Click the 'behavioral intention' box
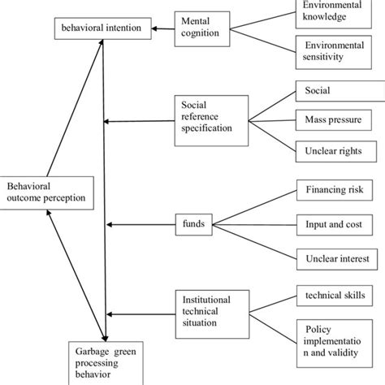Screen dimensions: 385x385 [x=102, y=30]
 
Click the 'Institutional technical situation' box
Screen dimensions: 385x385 [x=209, y=312]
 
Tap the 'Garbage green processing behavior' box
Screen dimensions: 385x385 [x=106, y=362]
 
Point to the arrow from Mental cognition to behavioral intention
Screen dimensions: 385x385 [x=163, y=30]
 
